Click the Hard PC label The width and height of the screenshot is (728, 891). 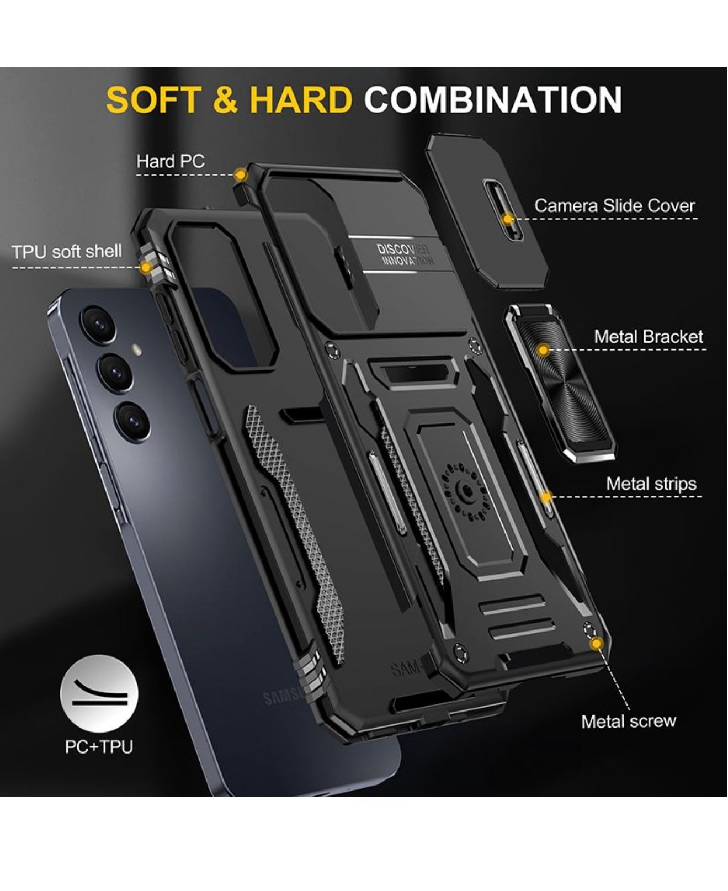171,161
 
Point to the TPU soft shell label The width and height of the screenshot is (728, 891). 67,252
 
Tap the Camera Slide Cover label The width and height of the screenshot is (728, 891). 614,206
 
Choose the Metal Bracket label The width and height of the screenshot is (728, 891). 649,337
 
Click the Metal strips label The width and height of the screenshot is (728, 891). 651,484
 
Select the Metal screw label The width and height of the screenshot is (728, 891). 629,721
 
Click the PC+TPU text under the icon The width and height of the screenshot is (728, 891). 99,747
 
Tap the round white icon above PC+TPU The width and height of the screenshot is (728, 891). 99,694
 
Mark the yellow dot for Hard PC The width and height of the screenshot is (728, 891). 240,175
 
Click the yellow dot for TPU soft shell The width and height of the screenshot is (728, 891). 146,268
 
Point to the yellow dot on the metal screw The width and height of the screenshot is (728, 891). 596,644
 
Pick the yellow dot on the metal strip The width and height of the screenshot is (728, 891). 546,497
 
